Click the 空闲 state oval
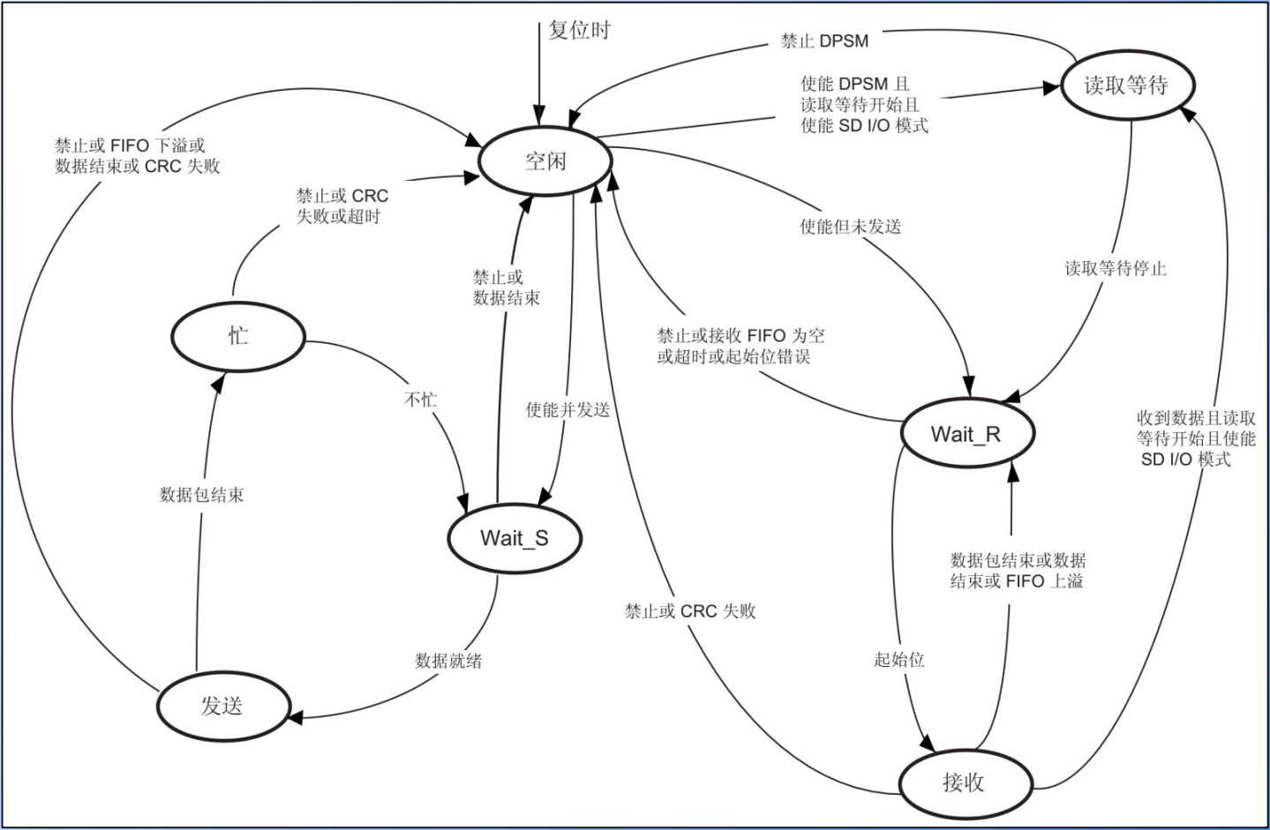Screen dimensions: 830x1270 [x=545, y=161]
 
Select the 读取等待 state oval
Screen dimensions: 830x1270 [x=1126, y=85]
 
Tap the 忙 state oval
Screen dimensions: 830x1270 [x=238, y=336]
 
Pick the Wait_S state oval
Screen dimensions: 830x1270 [x=515, y=538]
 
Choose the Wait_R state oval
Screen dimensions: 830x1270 [x=966, y=434]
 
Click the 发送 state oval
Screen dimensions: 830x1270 [x=222, y=706]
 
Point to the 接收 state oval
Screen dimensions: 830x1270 [x=964, y=782]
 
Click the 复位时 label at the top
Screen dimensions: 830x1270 [x=579, y=30]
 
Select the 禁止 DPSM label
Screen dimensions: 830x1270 [x=824, y=41]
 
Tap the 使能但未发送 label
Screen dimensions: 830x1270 [x=850, y=227]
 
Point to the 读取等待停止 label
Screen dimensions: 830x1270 [x=1116, y=268]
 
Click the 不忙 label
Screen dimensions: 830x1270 [x=421, y=400]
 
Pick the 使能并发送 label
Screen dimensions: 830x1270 [x=567, y=409]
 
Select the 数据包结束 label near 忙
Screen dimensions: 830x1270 [x=201, y=495]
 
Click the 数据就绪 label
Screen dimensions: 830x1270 [x=448, y=661]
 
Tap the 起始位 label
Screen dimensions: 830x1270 [x=898, y=659]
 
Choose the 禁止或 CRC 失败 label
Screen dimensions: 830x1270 [x=690, y=611]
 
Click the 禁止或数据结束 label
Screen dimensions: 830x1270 [x=506, y=288]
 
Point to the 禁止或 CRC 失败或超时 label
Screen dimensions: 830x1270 [x=342, y=206]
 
